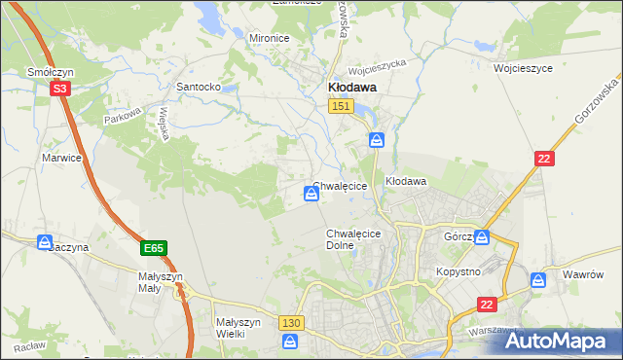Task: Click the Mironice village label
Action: tap(270, 38)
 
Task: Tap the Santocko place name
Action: tap(198, 87)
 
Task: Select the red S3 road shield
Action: tap(60, 89)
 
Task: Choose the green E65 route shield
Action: tap(153, 249)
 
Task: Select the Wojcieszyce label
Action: tap(523, 70)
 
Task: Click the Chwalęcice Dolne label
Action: tap(352, 240)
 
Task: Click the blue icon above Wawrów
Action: tap(538, 280)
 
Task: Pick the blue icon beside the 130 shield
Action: tap(290, 342)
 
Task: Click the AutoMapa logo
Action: tap(557, 341)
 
